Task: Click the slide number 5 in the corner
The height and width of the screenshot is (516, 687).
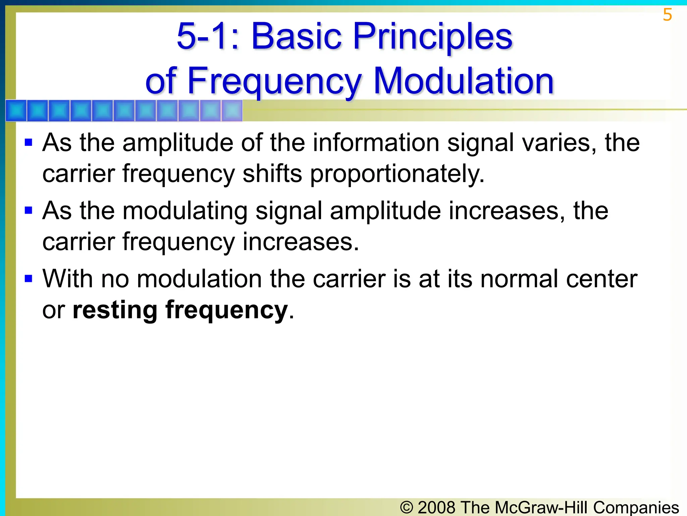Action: (x=667, y=15)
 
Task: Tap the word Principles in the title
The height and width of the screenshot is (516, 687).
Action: (x=433, y=37)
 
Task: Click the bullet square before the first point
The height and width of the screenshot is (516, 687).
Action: (x=29, y=142)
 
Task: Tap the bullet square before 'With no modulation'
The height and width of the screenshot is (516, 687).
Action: (x=29, y=278)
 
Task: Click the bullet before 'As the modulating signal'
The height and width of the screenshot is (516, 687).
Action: (x=29, y=211)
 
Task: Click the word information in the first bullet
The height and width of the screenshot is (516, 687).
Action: (x=376, y=143)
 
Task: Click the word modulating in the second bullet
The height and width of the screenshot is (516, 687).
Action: (x=185, y=212)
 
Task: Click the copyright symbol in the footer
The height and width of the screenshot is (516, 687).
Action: (x=407, y=507)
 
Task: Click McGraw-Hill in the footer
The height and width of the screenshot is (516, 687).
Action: (x=541, y=507)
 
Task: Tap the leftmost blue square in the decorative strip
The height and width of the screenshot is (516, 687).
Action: (x=16, y=111)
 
